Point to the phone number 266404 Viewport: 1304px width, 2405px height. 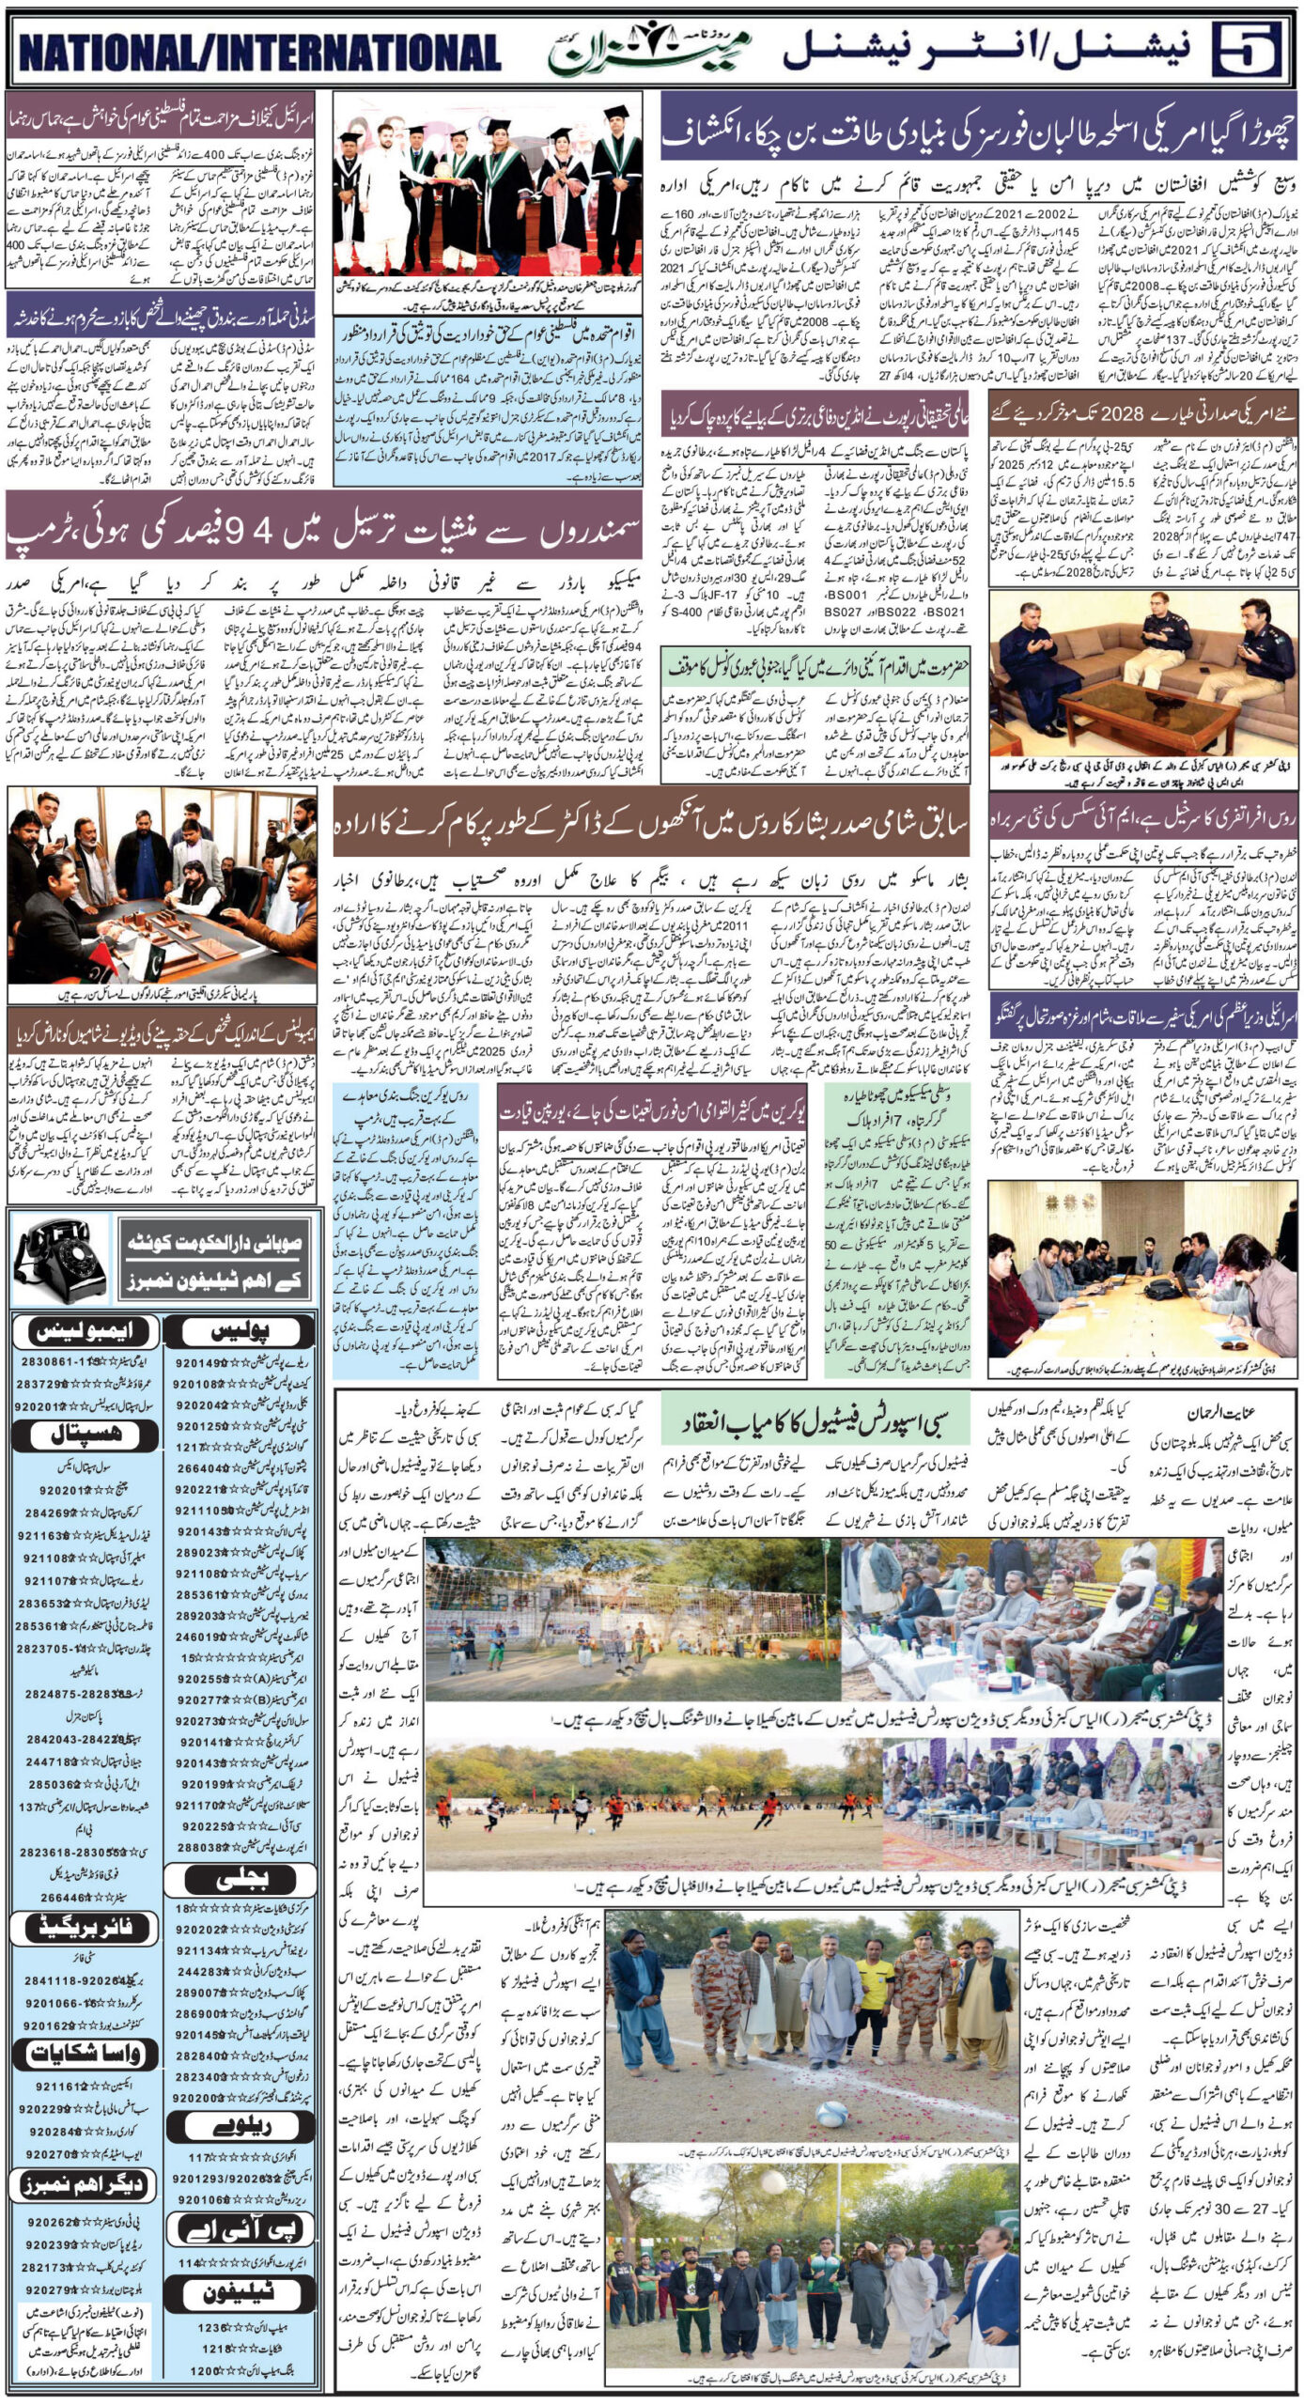coord(197,1467)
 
